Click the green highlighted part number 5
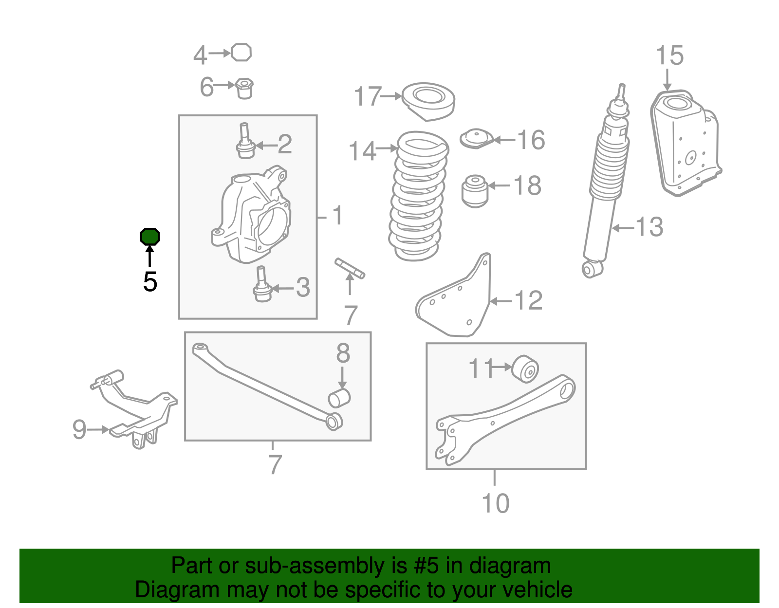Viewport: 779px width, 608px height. tap(150, 237)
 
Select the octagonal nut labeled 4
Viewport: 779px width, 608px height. tap(241, 53)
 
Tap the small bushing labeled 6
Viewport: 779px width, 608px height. tap(245, 89)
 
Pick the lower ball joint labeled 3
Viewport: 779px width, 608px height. tap(262, 284)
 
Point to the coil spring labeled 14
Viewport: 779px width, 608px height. tap(419, 196)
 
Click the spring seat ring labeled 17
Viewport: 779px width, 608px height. tap(428, 102)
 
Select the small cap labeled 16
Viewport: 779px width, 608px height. tap(477, 139)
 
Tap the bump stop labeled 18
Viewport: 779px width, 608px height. tap(475, 191)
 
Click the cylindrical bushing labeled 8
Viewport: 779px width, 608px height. tap(339, 398)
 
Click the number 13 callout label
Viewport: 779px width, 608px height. tap(649, 227)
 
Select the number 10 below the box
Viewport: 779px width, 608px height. tap(496, 503)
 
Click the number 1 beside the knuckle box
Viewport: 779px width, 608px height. tap(337, 215)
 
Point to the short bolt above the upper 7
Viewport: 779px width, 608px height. tap(350, 268)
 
